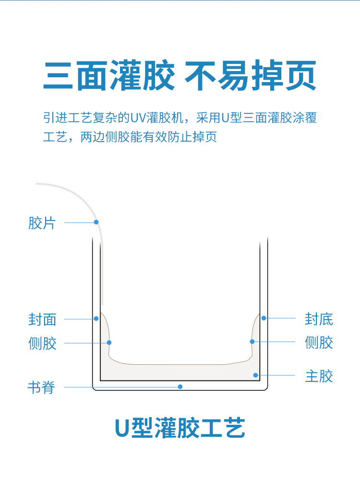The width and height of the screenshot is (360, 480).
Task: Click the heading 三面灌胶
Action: click(x=109, y=76)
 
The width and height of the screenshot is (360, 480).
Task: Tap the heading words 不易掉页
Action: click(x=250, y=76)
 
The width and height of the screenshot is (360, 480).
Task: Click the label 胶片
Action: click(x=42, y=223)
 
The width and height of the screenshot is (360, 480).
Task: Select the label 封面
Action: click(x=42, y=319)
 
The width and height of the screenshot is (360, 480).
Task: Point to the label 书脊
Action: click(x=41, y=387)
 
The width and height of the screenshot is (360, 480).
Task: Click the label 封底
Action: click(x=319, y=319)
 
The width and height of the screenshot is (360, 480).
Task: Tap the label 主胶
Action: click(x=319, y=375)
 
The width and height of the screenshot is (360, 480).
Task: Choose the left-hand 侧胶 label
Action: click(x=42, y=343)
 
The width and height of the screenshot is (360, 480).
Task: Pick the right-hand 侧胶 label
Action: click(x=319, y=342)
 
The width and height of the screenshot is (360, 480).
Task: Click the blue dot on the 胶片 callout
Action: click(x=96, y=222)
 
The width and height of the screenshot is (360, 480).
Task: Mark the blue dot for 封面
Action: click(x=96, y=319)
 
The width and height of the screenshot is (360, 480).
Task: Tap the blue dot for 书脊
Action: click(x=180, y=386)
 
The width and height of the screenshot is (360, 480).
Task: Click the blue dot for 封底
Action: click(x=264, y=318)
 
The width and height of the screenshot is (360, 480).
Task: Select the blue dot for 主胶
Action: click(x=256, y=375)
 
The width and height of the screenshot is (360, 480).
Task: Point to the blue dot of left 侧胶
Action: click(x=109, y=343)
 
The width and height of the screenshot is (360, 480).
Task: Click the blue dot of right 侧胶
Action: click(x=252, y=341)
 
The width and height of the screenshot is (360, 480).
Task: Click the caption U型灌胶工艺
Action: click(x=180, y=428)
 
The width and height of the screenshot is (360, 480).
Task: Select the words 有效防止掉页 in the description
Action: click(x=183, y=137)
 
